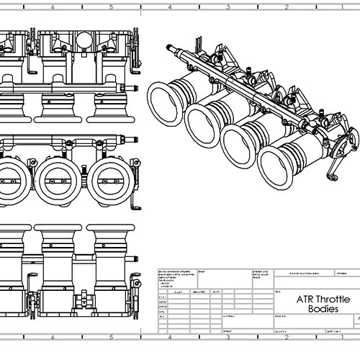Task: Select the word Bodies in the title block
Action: coord(317,308)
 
